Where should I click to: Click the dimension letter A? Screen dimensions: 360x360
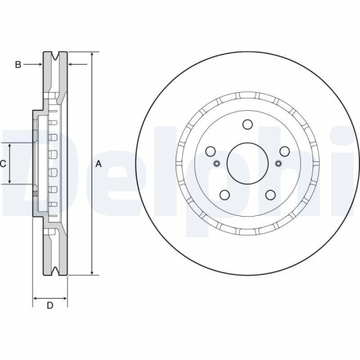[99, 164]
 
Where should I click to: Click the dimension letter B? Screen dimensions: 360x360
[18, 65]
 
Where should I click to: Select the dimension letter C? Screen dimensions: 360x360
[4, 164]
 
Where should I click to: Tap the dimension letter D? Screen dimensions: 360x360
[50, 306]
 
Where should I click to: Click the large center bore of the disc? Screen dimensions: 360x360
[248, 163]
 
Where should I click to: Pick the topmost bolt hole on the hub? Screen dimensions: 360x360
[248, 124]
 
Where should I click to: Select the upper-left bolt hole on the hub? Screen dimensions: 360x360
[211, 151]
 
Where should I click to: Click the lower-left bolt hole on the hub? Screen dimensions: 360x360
[225, 194]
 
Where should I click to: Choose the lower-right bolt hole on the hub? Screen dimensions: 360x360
[271, 194]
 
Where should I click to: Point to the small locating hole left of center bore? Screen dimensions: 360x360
[217, 163]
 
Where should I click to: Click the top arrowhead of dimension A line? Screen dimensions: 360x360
[92, 55]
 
